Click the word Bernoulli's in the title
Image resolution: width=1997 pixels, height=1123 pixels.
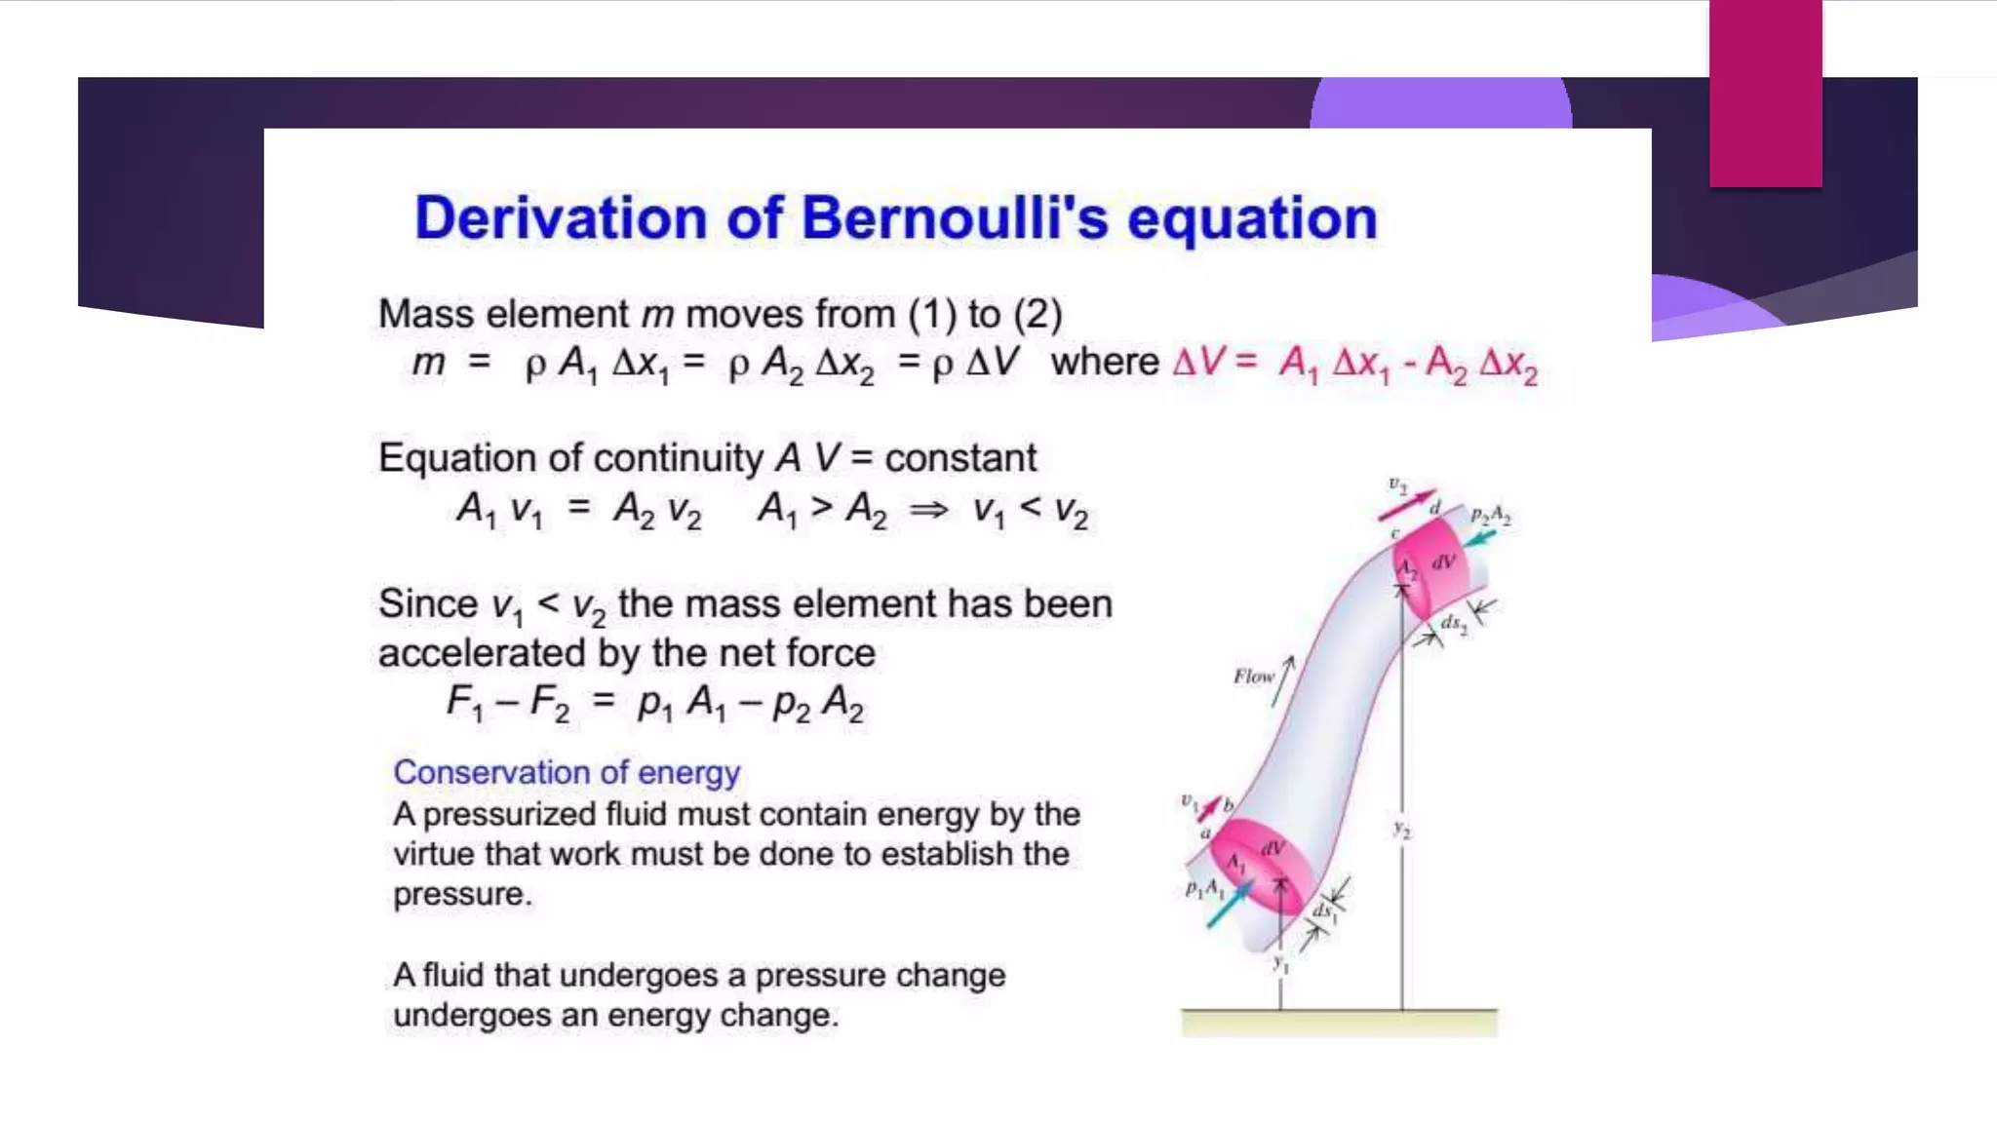[955, 217]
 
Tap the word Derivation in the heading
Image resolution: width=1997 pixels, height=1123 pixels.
[561, 217]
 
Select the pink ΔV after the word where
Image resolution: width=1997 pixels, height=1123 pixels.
[1198, 363]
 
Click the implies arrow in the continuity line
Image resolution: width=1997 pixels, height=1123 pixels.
[928, 509]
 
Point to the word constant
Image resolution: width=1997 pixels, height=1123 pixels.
[960, 458]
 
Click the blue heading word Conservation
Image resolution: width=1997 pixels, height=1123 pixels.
[491, 772]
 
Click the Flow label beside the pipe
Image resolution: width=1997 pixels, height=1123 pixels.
[1253, 676]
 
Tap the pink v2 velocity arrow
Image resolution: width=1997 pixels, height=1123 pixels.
[1406, 505]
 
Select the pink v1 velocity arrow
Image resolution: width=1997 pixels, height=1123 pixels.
[1209, 808]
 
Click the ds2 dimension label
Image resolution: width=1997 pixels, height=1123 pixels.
[1454, 624]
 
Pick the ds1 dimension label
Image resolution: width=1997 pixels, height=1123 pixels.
[1324, 912]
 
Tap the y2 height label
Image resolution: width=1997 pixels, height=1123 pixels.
[1401, 830]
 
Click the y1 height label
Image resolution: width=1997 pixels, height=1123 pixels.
[1280, 964]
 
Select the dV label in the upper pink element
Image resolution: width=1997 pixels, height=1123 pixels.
[1443, 561]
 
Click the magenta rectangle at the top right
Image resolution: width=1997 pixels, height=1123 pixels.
[1765, 93]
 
